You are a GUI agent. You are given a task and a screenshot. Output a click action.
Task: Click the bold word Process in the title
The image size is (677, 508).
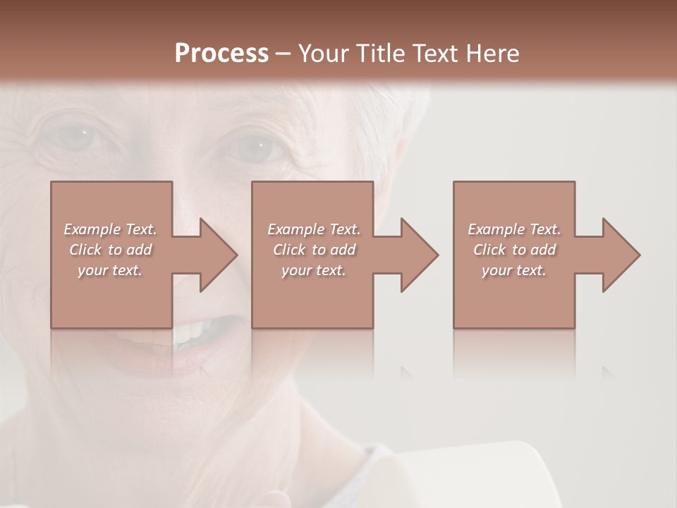[221, 53]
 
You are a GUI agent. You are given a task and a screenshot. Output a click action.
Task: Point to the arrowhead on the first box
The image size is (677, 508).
[215, 255]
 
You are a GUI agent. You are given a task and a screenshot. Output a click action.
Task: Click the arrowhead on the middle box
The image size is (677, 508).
[416, 255]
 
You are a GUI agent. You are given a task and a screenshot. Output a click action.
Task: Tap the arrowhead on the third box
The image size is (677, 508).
[618, 255]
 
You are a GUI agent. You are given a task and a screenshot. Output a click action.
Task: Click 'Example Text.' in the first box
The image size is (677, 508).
[110, 229]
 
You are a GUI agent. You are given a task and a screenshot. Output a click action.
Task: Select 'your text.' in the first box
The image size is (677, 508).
[110, 270]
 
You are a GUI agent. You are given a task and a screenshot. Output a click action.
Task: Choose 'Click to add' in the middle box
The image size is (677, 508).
[314, 250]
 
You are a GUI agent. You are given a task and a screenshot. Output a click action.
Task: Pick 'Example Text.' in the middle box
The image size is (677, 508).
[314, 229]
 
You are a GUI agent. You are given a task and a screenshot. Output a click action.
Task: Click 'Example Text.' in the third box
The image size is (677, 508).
[514, 229]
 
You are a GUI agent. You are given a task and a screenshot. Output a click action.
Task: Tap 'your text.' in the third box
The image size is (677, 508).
[514, 270]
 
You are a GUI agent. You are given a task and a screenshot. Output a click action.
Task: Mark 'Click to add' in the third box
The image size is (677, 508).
[514, 250]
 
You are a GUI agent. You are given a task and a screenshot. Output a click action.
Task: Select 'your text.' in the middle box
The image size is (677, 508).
[314, 270]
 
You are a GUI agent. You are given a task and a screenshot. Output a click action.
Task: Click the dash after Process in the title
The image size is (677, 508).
[283, 54]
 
